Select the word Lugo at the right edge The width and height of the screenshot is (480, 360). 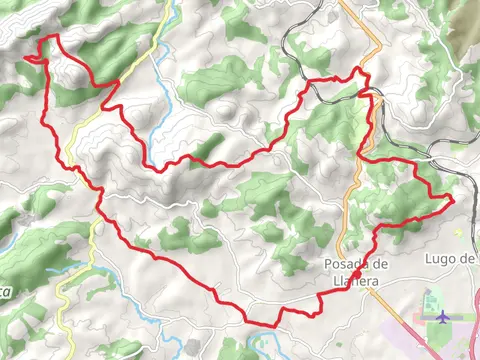(x=441, y=259)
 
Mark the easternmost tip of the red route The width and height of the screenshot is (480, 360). (x=453, y=201)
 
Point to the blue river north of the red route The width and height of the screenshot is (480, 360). (x=160, y=110)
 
